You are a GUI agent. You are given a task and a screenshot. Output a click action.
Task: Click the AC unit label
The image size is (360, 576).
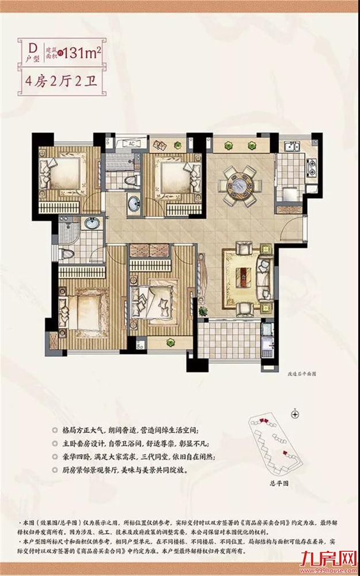(x=131, y=143)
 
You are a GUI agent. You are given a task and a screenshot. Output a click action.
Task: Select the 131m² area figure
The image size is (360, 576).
(x=82, y=53)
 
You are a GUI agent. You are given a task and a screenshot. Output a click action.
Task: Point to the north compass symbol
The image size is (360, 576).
(x=295, y=413)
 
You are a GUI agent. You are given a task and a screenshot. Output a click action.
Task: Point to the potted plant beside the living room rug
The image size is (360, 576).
(x=203, y=311)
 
